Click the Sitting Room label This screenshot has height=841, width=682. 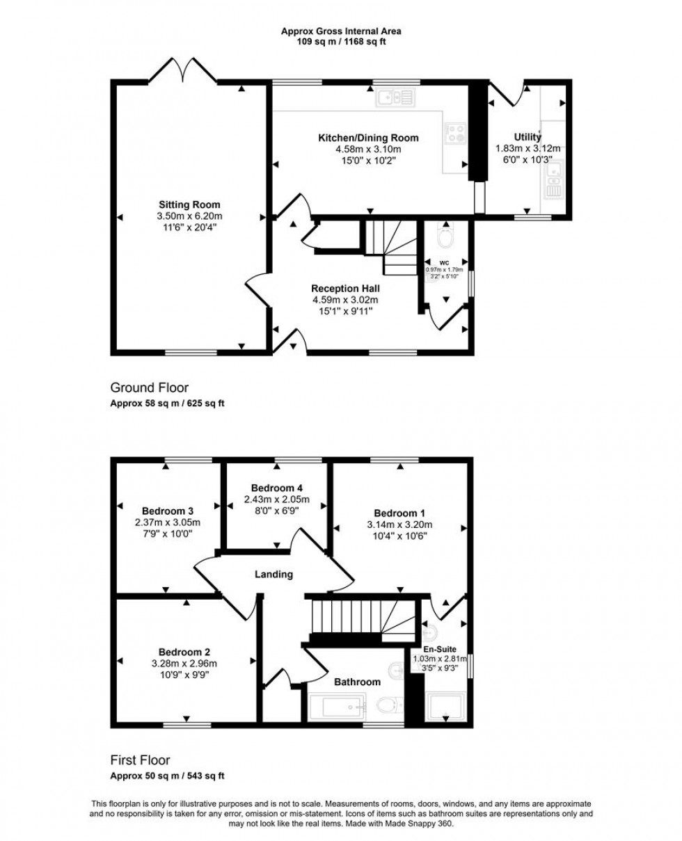point(189,205)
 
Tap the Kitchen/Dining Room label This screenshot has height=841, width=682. point(368,138)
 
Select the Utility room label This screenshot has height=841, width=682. point(528,137)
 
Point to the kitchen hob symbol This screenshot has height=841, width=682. point(455,132)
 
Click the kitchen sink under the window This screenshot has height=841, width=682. point(395,97)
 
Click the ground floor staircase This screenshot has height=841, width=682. point(390,246)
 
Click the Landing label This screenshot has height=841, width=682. point(273,575)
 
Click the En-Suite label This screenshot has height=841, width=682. point(445,649)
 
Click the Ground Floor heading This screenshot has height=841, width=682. point(149,387)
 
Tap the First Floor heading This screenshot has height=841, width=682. point(140,760)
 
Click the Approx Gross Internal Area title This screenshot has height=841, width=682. point(341,31)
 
